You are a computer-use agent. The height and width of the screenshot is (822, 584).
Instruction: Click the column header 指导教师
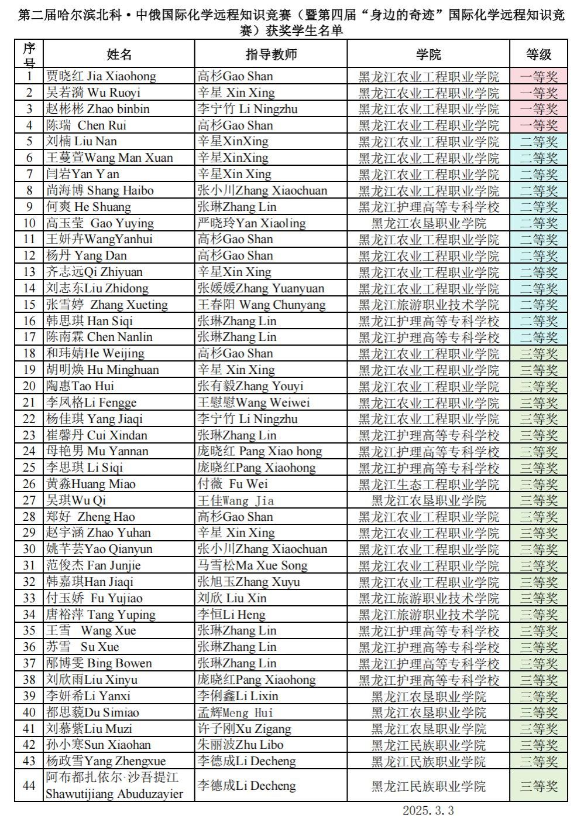coord(271,54)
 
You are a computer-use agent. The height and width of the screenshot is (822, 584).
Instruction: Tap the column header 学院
coord(428,54)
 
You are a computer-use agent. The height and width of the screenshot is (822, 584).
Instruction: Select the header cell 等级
coord(538,54)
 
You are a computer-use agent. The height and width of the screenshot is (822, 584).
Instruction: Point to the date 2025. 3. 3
coord(428,810)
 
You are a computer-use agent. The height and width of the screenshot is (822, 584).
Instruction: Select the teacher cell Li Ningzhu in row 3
coord(248,109)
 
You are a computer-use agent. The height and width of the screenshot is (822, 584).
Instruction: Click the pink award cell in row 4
coord(538,125)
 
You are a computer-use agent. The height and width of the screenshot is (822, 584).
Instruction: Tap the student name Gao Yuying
coord(99,223)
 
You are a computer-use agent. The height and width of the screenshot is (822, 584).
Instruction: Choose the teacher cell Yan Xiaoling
coord(252,223)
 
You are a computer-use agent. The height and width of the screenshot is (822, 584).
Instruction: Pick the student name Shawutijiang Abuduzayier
coord(115,793)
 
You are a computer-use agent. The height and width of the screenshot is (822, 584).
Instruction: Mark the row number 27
coord(29,500)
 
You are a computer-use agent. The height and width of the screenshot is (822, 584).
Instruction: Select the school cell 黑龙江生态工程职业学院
coord(428,484)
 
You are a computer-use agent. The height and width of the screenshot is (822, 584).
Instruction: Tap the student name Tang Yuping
coord(101,615)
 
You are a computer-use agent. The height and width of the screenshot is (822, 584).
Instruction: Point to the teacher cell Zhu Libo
coord(241,745)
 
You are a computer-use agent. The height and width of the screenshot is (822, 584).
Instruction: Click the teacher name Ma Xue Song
coord(252,565)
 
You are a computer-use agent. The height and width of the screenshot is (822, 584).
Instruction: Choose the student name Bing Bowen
coord(99,663)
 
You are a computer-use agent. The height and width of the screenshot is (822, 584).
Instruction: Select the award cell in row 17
coord(538,337)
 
